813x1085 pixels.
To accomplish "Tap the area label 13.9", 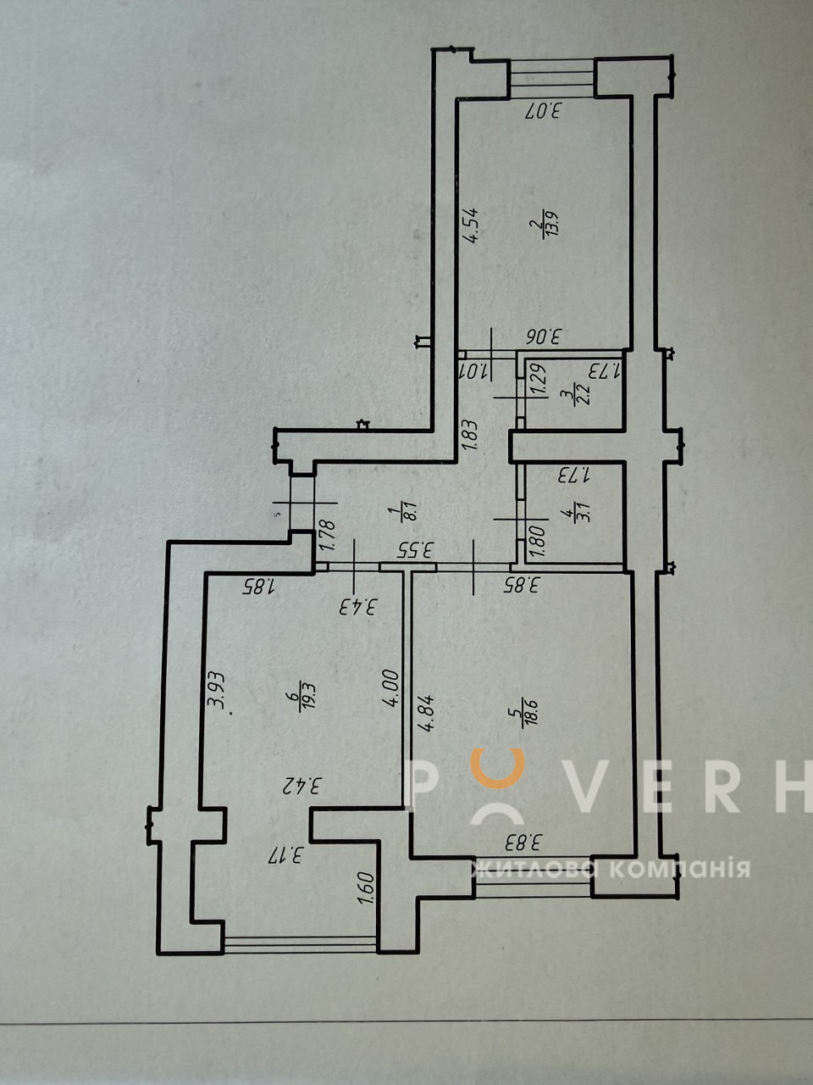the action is (x=550, y=224).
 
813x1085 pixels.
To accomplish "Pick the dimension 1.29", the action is (x=539, y=379).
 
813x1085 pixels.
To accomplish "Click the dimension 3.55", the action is (x=415, y=549).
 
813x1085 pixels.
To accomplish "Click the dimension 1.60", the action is (x=368, y=888).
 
